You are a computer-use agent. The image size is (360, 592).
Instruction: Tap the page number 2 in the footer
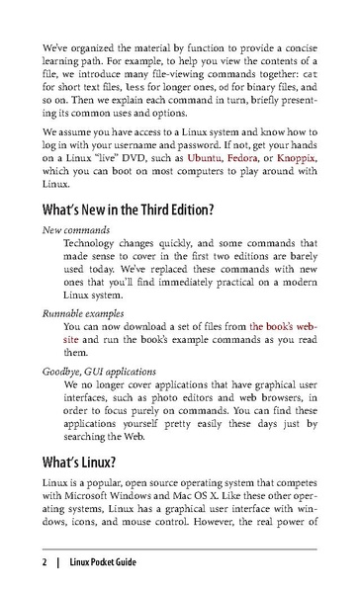[45, 563]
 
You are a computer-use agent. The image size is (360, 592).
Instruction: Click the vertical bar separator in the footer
[57, 563]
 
